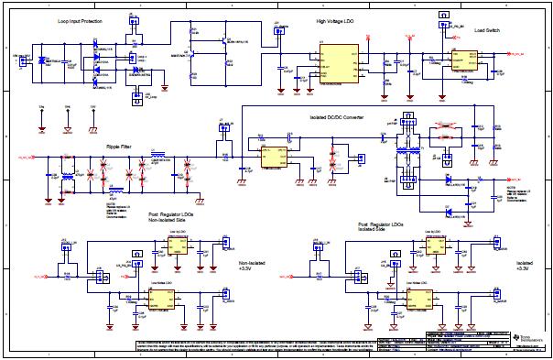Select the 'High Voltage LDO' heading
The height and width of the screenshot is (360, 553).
[335, 20]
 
